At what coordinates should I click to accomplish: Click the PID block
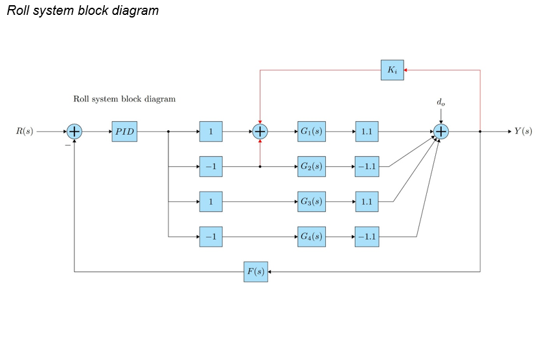[x=124, y=131]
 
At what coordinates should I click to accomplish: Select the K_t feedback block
[x=392, y=70]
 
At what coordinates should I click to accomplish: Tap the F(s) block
[x=256, y=272]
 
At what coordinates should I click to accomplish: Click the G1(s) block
[x=311, y=131]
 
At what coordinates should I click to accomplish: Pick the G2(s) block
[x=311, y=166]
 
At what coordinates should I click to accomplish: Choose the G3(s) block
[x=311, y=202]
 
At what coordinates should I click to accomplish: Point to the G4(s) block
[x=311, y=237]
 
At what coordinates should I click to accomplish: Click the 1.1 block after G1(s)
[x=367, y=131]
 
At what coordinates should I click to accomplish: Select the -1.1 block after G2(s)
[x=367, y=166]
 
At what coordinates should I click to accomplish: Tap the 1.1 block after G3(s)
[x=367, y=202]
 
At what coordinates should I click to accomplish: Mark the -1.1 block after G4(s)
[x=367, y=237]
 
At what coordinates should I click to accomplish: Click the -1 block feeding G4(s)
[x=211, y=237]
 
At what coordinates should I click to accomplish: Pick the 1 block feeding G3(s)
[x=211, y=202]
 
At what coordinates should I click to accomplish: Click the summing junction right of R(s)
[x=74, y=131]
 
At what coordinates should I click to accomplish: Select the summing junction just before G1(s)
[x=260, y=131]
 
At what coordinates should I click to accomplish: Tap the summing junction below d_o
[x=440, y=131]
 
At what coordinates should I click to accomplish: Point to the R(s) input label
[x=25, y=131]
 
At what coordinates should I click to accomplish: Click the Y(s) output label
[x=523, y=131]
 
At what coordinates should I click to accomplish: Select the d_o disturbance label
[x=440, y=102]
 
